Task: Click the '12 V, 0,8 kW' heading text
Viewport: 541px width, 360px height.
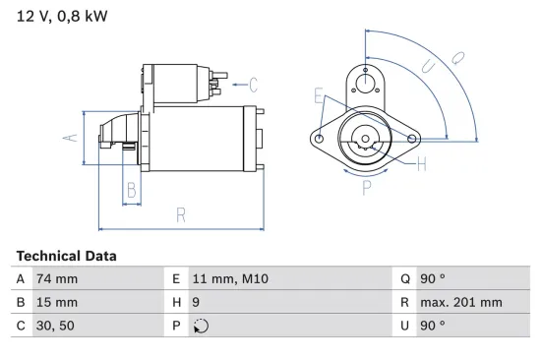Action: tap(61, 17)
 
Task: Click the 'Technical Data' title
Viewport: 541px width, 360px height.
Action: tap(66, 256)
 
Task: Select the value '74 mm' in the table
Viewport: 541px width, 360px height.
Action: tap(56, 279)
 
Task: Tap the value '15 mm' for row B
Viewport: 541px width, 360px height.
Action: tap(56, 302)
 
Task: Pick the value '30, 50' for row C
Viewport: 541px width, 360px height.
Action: tap(55, 326)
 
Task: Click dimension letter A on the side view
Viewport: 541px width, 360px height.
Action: tap(70, 138)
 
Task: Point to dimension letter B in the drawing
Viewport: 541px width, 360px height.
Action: tap(130, 191)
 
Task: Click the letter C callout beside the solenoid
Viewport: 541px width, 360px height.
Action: tap(253, 84)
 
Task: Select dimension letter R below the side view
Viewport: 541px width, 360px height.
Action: tap(181, 215)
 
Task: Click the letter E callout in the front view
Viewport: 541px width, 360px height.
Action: tap(318, 95)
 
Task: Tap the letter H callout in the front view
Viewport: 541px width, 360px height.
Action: tap(421, 164)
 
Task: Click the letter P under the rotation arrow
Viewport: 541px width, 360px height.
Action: tap(366, 186)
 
